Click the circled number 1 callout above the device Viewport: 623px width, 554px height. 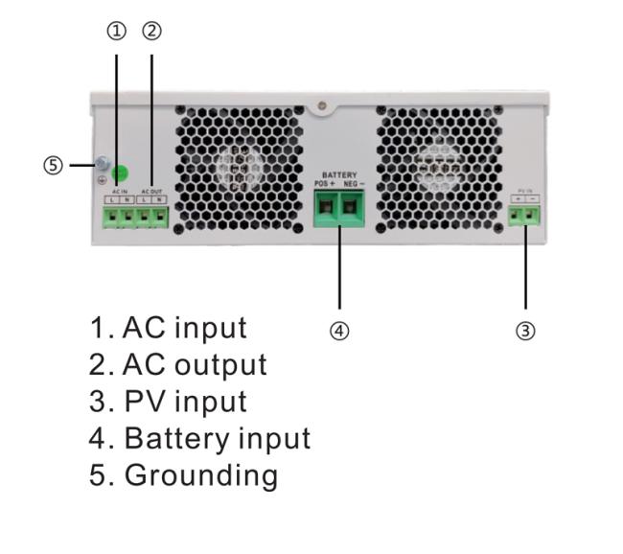pos(117,31)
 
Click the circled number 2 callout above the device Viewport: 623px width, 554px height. pos(151,31)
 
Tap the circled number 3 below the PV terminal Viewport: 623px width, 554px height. pos(525,331)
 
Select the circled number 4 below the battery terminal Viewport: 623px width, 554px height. pos(339,331)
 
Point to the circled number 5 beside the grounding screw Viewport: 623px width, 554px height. pos(54,165)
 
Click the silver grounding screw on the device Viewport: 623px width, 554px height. pos(100,165)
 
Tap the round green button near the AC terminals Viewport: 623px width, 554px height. pos(122,174)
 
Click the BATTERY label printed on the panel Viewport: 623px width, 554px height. pos(339,174)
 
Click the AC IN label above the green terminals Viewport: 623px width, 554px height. pos(119,192)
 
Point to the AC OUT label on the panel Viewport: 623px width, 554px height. pos(152,192)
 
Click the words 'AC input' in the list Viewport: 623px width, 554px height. pos(184,328)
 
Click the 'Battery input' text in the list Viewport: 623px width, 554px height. pos(217,439)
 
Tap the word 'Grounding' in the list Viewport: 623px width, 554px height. pos(200,475)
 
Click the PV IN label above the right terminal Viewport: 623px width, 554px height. pos(524,192)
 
